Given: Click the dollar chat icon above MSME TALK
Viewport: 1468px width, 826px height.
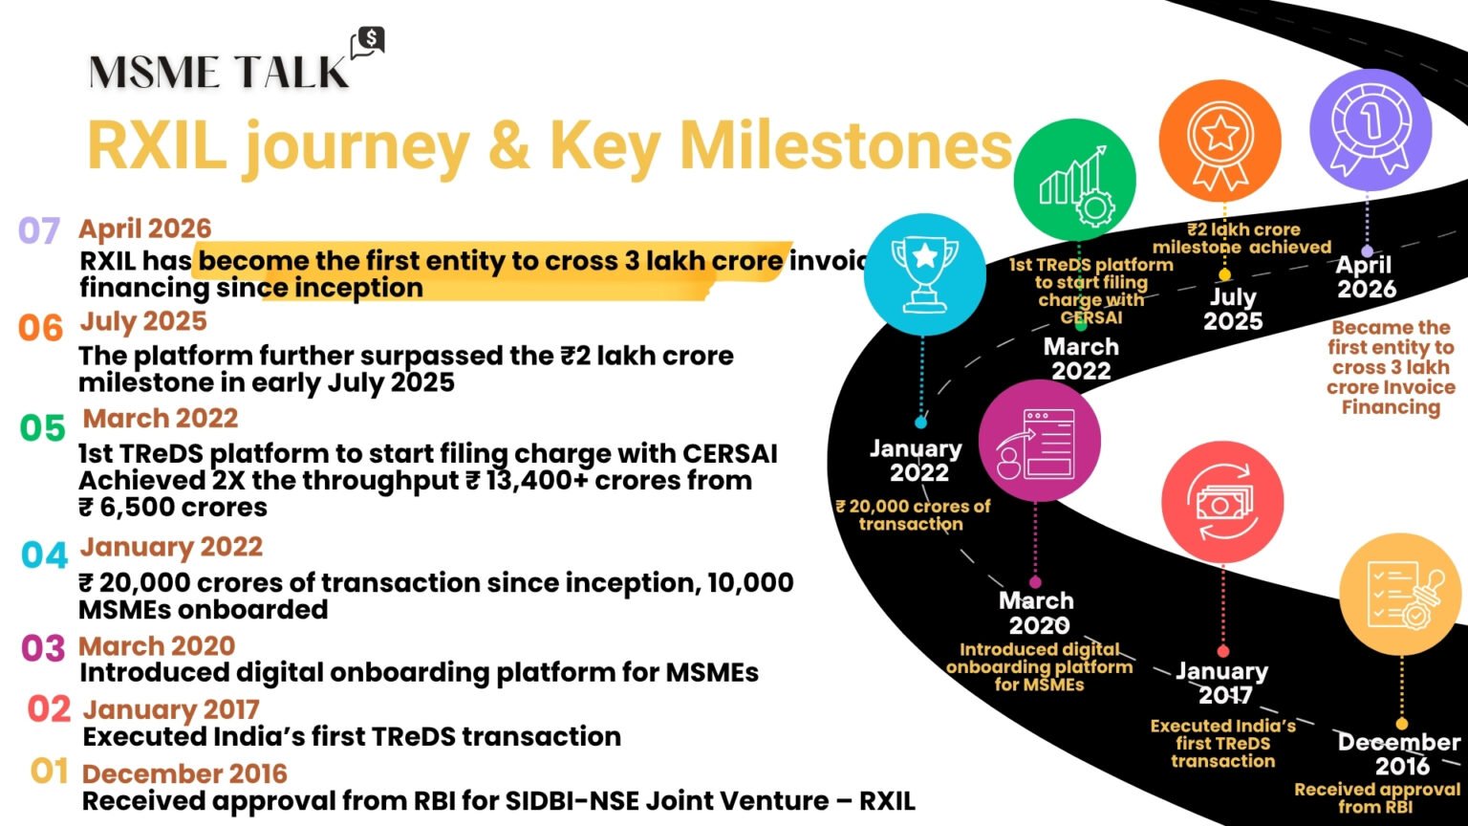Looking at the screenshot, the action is pos(368,43).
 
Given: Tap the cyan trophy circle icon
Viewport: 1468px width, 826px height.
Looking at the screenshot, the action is pos(925,274).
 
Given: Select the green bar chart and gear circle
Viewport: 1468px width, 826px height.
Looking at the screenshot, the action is pos(1074,180).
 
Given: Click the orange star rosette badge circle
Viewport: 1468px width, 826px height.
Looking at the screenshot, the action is pos(1220,141).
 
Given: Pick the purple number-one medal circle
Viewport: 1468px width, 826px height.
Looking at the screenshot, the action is pos(1371,130).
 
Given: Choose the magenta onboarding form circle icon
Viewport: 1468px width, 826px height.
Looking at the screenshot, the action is pos(1040,441).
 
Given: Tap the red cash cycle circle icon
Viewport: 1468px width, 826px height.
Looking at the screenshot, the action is pos(1222,502).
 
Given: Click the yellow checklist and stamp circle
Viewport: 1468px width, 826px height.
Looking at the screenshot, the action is pos(1400,594).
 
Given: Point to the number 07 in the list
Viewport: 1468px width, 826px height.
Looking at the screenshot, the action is pos(39,230).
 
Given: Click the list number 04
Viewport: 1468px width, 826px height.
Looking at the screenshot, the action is pos(45,555).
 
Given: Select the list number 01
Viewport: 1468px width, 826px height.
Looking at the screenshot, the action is pos(49,772).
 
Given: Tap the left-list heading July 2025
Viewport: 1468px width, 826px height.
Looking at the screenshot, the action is pos(143,321).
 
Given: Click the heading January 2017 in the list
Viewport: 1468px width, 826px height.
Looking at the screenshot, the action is pos(171,709).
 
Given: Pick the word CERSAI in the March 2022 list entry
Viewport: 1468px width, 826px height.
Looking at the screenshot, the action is pos(730,453).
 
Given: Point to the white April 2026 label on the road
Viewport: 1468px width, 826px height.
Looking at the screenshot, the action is pos(1367,276).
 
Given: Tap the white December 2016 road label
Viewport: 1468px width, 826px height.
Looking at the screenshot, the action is pos(1400,754).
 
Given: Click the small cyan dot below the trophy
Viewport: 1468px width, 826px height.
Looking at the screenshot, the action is pos(920,423).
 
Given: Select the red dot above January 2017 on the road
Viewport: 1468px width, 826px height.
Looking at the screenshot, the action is pos(1223,652).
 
